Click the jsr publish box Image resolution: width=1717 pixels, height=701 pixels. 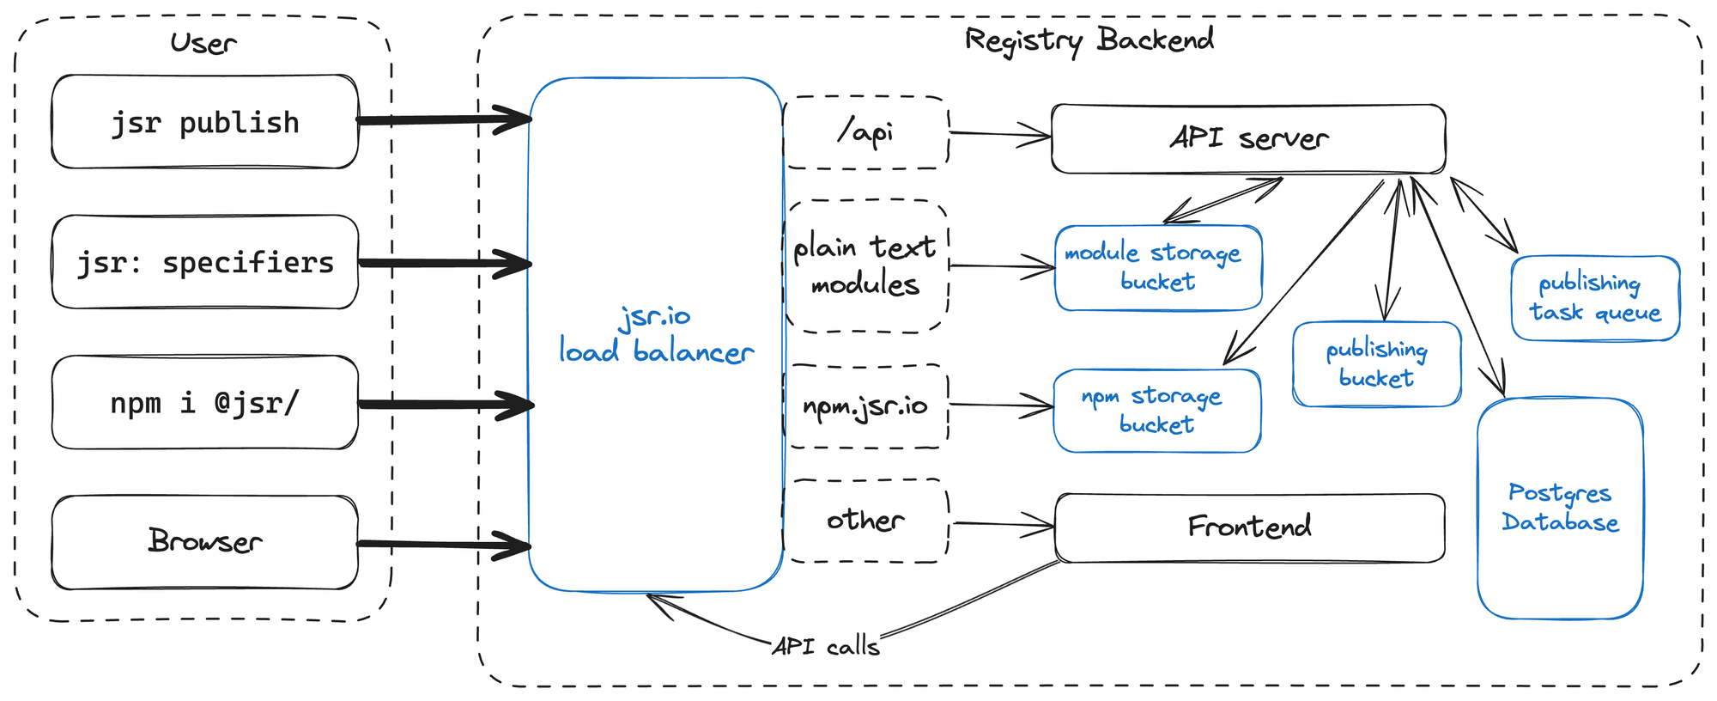[x=204, y=122]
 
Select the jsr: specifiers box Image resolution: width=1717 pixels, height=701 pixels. [x=204, y=262]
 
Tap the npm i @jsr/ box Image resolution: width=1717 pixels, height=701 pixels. [x=204, y=402]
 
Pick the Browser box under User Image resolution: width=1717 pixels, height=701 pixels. [x=204, y=541]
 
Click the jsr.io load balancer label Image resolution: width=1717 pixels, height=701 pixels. [x=656, y=335]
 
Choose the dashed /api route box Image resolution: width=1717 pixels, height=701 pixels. [x=865, y=132]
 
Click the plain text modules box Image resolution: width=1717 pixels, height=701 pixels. [x=865, y=265]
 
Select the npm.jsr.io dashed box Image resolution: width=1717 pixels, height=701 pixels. [x=865, y=405]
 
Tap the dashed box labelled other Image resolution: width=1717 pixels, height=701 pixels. [x=865, y=521]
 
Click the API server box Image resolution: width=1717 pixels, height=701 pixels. [x=1247, y=138]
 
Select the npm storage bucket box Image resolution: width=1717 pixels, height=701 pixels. [x=1156, y=411]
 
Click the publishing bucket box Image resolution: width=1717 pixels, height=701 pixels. [x=1376, y=363]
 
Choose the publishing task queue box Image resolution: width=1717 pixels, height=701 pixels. [x=1594, y=297]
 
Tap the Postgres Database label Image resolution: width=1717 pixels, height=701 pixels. [x=1560, y=508]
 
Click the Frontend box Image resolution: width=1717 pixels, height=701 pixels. [x=1249, y=527]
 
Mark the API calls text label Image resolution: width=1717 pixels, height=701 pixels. [x=825, y=646]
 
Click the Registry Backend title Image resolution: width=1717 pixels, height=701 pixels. [x=1089, y=40]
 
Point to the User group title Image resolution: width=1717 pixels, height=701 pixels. [x=203, y=43]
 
